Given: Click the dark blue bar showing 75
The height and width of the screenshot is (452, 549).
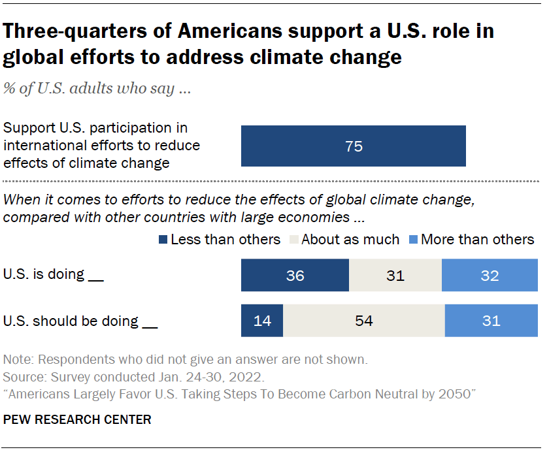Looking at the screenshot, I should coord(354,146).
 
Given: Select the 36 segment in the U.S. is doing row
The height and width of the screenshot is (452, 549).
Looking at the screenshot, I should coord(295,275).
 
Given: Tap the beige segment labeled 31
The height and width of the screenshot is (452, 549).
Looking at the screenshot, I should coord(395,275).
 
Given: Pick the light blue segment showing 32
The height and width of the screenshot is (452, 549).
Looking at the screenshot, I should coord(490,275).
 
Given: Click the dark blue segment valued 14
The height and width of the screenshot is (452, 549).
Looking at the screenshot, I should coord(262,321).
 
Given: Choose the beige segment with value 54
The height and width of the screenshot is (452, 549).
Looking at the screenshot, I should coord(363,321).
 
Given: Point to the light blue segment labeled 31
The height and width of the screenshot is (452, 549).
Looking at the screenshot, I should coord(491,321).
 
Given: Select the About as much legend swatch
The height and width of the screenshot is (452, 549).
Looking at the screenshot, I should coord(294,240).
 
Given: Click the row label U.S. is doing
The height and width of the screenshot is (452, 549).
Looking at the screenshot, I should coord(54,274).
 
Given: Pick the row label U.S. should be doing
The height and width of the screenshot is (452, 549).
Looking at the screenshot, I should coord(80,321).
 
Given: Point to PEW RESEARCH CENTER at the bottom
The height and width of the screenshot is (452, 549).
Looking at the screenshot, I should coord(77,419).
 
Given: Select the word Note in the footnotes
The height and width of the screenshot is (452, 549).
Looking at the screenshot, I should coord(17,359).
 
